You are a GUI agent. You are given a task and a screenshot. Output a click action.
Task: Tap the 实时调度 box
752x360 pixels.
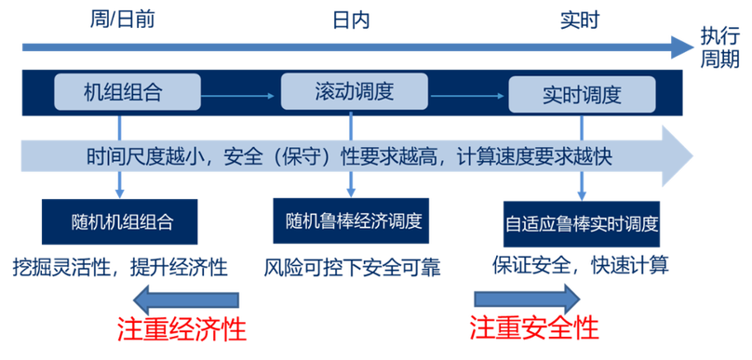[x=581, y=94]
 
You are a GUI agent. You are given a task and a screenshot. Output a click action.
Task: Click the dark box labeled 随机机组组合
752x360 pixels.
[x=122, y=222]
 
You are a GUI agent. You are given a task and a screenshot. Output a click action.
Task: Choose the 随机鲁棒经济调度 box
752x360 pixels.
[x=353, y=221]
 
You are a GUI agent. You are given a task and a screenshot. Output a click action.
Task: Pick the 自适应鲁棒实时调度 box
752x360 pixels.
[x=582, y=223]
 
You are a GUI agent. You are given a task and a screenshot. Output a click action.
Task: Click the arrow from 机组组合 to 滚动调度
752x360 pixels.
[x=241, y=94]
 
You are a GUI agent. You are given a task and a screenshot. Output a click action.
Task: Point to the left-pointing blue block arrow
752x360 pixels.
[x=186, y=300]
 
